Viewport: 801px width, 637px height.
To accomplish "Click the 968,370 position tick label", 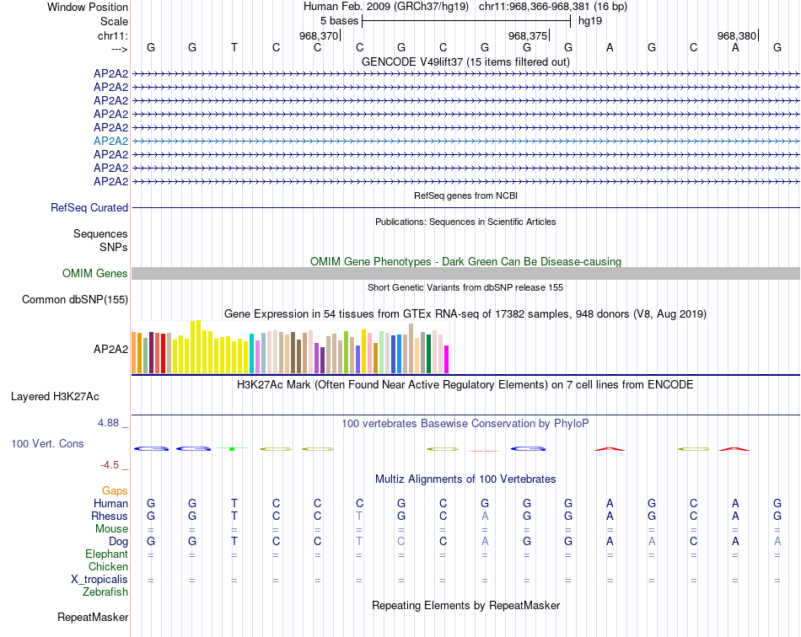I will [318, 35].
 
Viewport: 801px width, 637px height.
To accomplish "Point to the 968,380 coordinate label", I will [736, 35].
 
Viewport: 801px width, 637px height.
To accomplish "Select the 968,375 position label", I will [527, 35].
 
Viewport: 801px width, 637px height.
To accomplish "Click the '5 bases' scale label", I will [340, 20].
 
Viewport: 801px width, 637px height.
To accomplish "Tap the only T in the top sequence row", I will [234, 47].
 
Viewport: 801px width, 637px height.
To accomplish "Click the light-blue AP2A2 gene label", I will [110, 141].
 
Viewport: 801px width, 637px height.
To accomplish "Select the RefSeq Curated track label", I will [89, 207].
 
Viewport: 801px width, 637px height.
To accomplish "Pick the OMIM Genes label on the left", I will [95, 273].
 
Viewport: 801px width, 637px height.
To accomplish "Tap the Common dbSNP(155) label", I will [75, 299].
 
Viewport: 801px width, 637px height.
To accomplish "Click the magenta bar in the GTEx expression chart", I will [447, 359].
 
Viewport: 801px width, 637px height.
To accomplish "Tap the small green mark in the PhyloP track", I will [231, 449].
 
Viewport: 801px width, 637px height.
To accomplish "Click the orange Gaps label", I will [115, 490].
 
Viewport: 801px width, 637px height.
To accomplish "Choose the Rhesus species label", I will [110, 516].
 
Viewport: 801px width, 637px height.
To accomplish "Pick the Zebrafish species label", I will [105, 592].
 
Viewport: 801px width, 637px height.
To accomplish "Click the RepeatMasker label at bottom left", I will [93, 618].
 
